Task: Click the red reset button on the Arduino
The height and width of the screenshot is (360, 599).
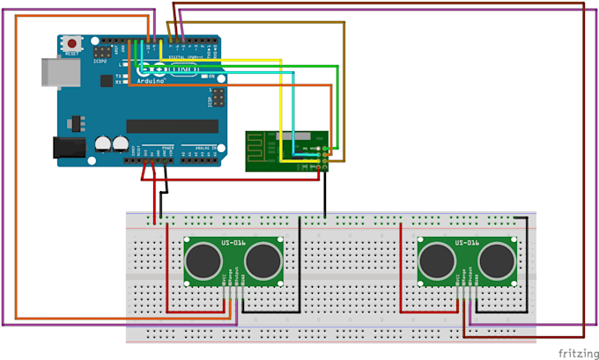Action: pyautogui.click(x=70, y=42)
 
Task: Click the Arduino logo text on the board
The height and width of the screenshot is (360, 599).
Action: pyautogui.click(x=153, y=80)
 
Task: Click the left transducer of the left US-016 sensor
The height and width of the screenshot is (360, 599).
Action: pyautogui.click(x=204, y=260)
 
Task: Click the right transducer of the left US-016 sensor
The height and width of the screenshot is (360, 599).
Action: pyautogui.click(x=262, y=260)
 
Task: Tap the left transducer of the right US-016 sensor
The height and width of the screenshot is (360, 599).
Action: pyautogui.click(x=437, y=260)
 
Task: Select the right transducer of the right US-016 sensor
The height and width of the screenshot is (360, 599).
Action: pyautogui.click(x=495, y=260)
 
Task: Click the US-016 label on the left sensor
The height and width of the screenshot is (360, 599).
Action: pyautogui.click(x=233, y=242)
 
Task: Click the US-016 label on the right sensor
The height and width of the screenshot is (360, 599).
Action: pyautogui.click(x=466, y=242)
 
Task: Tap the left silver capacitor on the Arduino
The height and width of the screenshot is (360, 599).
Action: pyautogui.click(x=103, y=142)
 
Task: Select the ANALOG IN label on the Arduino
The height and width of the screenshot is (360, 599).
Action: pyautogui.click(x=198, y=148)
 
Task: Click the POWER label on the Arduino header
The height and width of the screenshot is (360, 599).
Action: pyautogui.click(x=166, y=148)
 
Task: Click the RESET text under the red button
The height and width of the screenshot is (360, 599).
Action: pyautogui.click(x=71, y=53)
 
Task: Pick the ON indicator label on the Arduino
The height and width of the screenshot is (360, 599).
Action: pyautogui.click(x=212, y=77)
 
